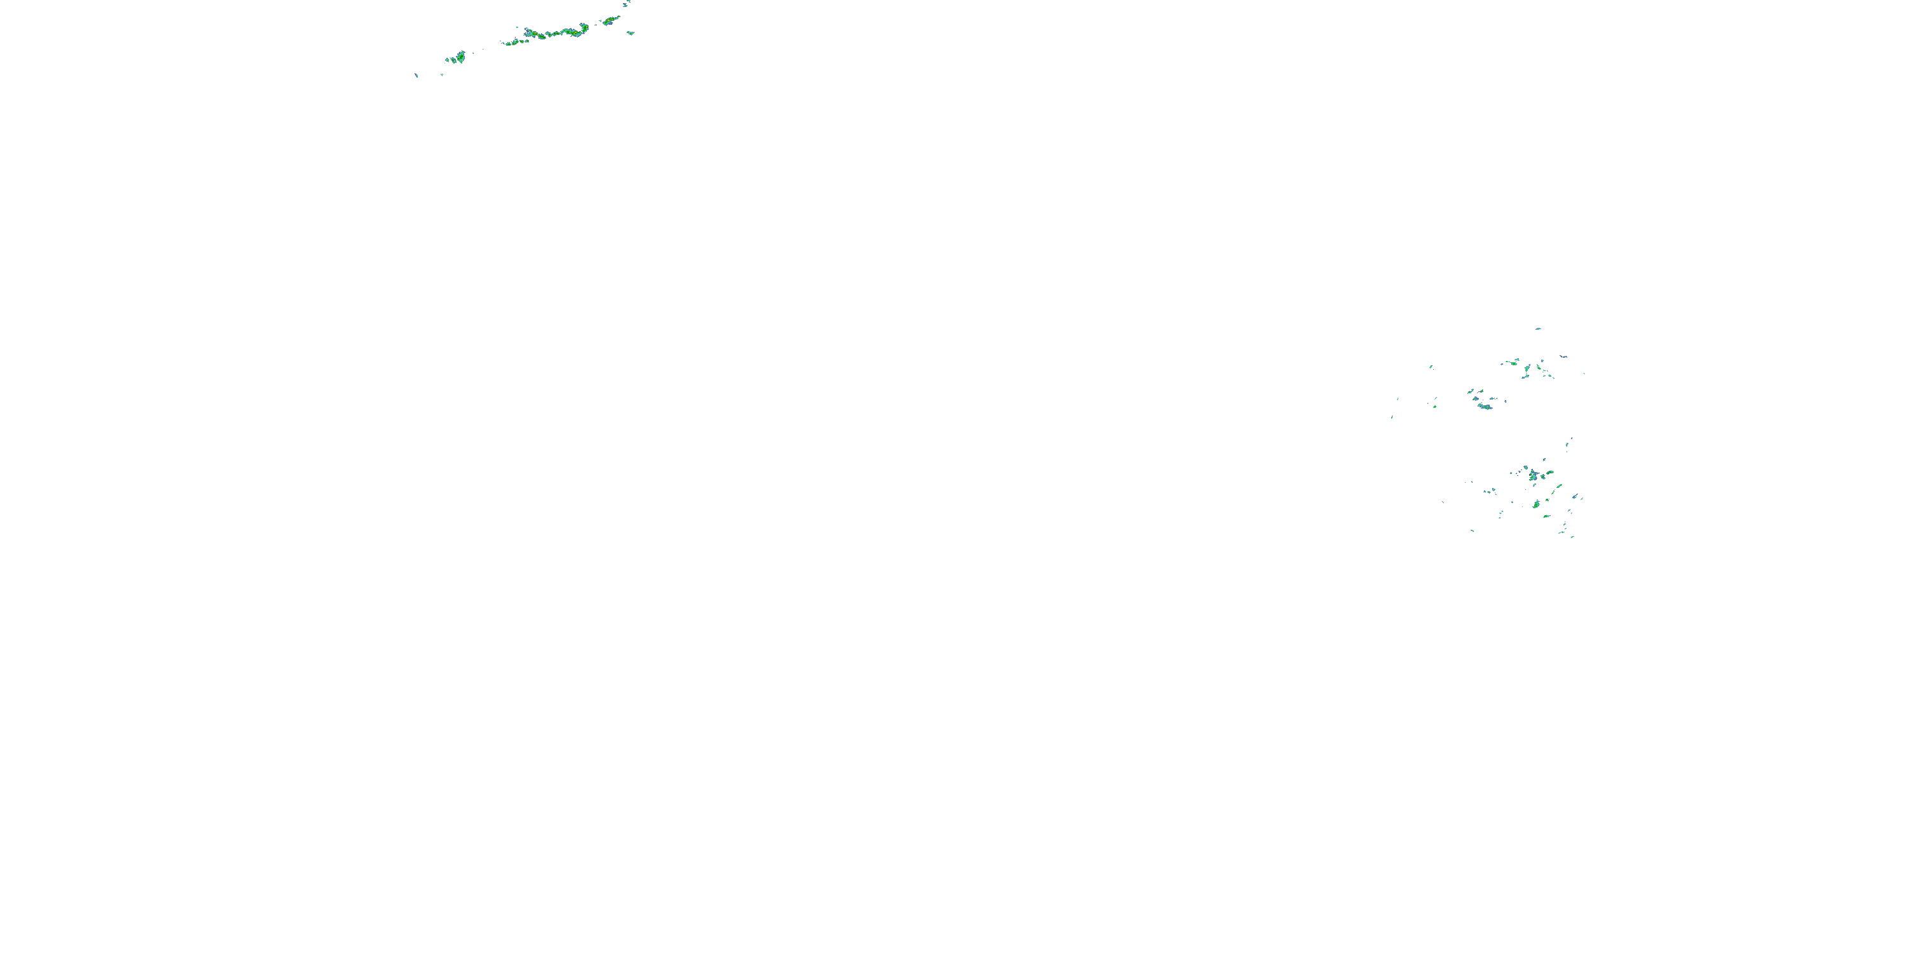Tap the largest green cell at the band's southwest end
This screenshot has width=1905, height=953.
tap(459, 57)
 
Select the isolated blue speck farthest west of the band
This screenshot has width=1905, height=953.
tap(417, 75)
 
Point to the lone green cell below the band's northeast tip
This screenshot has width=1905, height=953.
tap(630, 32)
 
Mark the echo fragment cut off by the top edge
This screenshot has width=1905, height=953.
tap(626, 3)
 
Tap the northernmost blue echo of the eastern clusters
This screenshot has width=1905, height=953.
tap(1538, 328)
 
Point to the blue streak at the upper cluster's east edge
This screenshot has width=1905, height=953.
tap(1563, 356)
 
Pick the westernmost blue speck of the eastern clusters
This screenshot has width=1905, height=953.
tap(1392, 417)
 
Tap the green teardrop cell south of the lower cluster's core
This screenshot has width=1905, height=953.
tap(1536, 504)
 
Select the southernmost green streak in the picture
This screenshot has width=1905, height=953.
tap(1572, 536)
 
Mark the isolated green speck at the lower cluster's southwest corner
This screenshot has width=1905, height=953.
tap(1473, 531)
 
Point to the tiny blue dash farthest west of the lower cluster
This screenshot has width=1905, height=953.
tap(1443, 503)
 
